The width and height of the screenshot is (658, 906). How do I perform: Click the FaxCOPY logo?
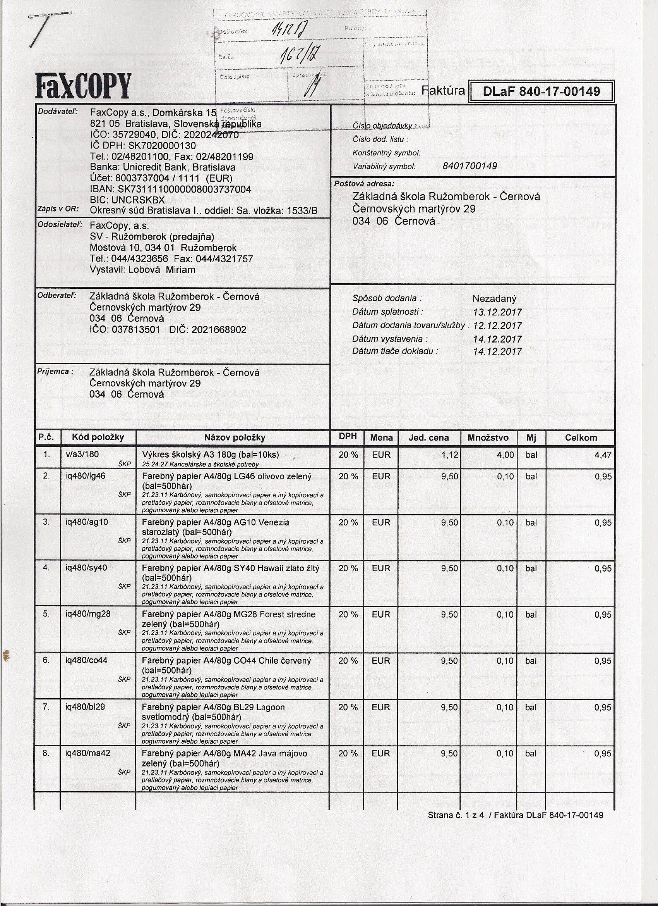[83, 86]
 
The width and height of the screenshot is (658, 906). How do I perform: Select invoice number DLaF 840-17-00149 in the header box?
[541, 91]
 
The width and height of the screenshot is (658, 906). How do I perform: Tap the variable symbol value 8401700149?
[470, 166]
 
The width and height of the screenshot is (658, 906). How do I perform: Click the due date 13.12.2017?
[497, 312]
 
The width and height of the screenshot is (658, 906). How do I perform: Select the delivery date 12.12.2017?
[497, 326]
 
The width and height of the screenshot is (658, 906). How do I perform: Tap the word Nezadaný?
[494, 298]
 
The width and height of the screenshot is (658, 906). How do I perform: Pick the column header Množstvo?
[488, 438]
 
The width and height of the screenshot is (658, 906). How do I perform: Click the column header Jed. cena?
[428, 438]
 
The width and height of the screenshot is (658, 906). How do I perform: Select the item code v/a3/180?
[82, 455]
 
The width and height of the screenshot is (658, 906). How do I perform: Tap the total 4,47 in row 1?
[603, 455]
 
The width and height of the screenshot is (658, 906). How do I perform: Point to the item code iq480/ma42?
[88, 753]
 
